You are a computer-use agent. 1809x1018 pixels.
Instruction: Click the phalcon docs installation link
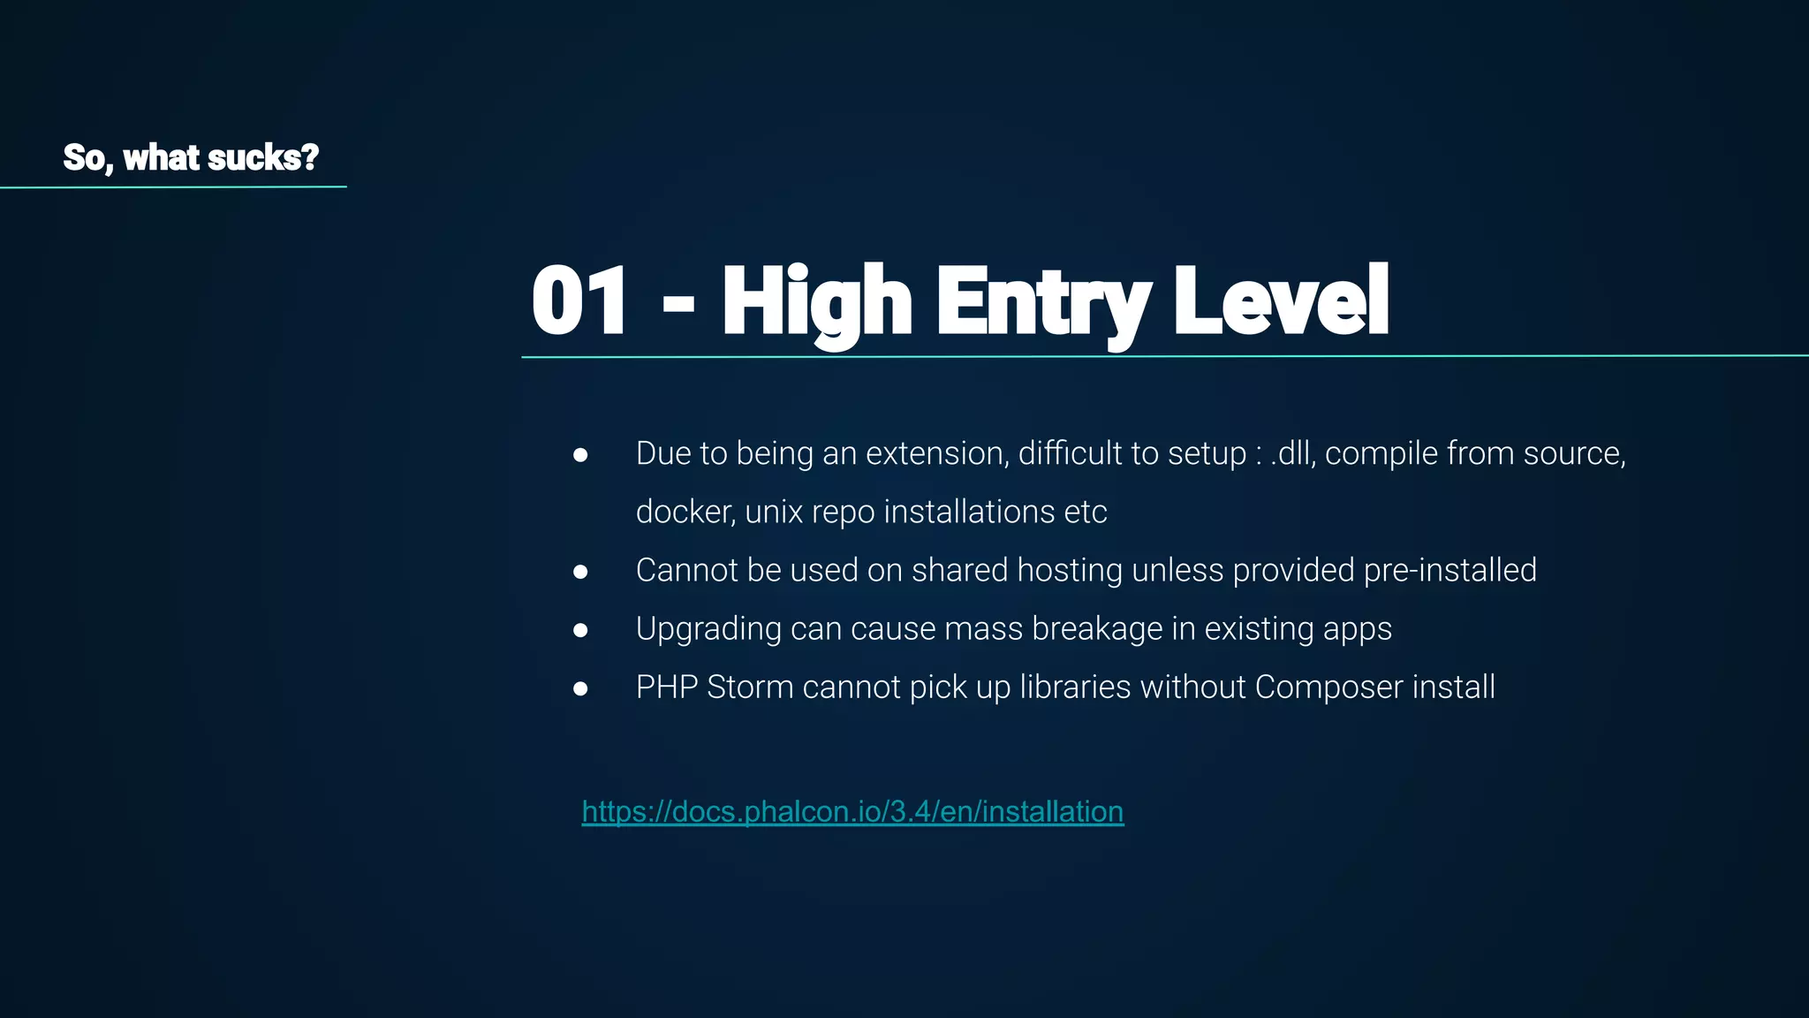pos(852,811)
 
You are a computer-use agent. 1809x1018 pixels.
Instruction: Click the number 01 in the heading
pos(579,301)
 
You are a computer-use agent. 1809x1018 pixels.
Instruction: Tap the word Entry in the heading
pos(1043,301)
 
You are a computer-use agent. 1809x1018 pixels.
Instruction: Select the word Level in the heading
pos(1281,301)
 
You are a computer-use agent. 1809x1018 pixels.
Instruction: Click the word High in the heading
pos(817,301)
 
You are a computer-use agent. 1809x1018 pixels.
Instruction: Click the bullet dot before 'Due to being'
pos(580,455)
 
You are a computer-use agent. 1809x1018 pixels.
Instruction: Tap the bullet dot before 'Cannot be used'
pos(580,572)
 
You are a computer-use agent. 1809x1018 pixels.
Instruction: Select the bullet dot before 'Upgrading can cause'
pos(580,630)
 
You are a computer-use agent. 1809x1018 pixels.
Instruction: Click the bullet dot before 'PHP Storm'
pos(580,688)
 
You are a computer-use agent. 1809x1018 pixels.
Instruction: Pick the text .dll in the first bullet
pos(1291,453)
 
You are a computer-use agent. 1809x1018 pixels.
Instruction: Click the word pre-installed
pos(1449,570)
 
